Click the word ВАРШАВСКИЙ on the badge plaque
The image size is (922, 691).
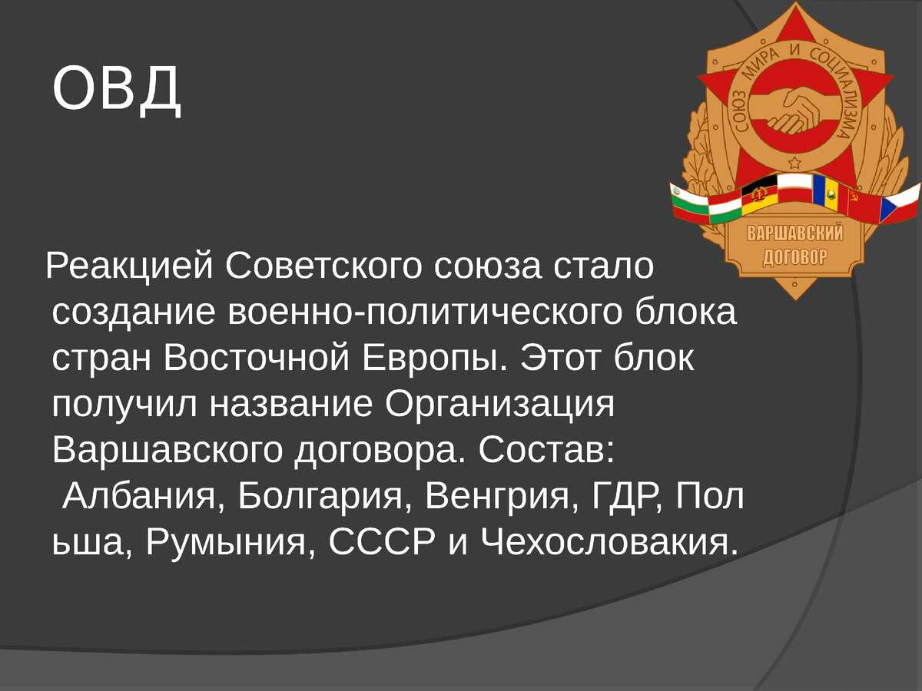pyautogui.click(x=795, y=233)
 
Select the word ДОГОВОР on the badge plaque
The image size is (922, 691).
pyautogui.click(x=795, y=256)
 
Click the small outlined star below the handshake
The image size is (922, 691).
pyautogui.click(x=794, y=163)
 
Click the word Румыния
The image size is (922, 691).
pyautogui.click(x=227, y=543)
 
